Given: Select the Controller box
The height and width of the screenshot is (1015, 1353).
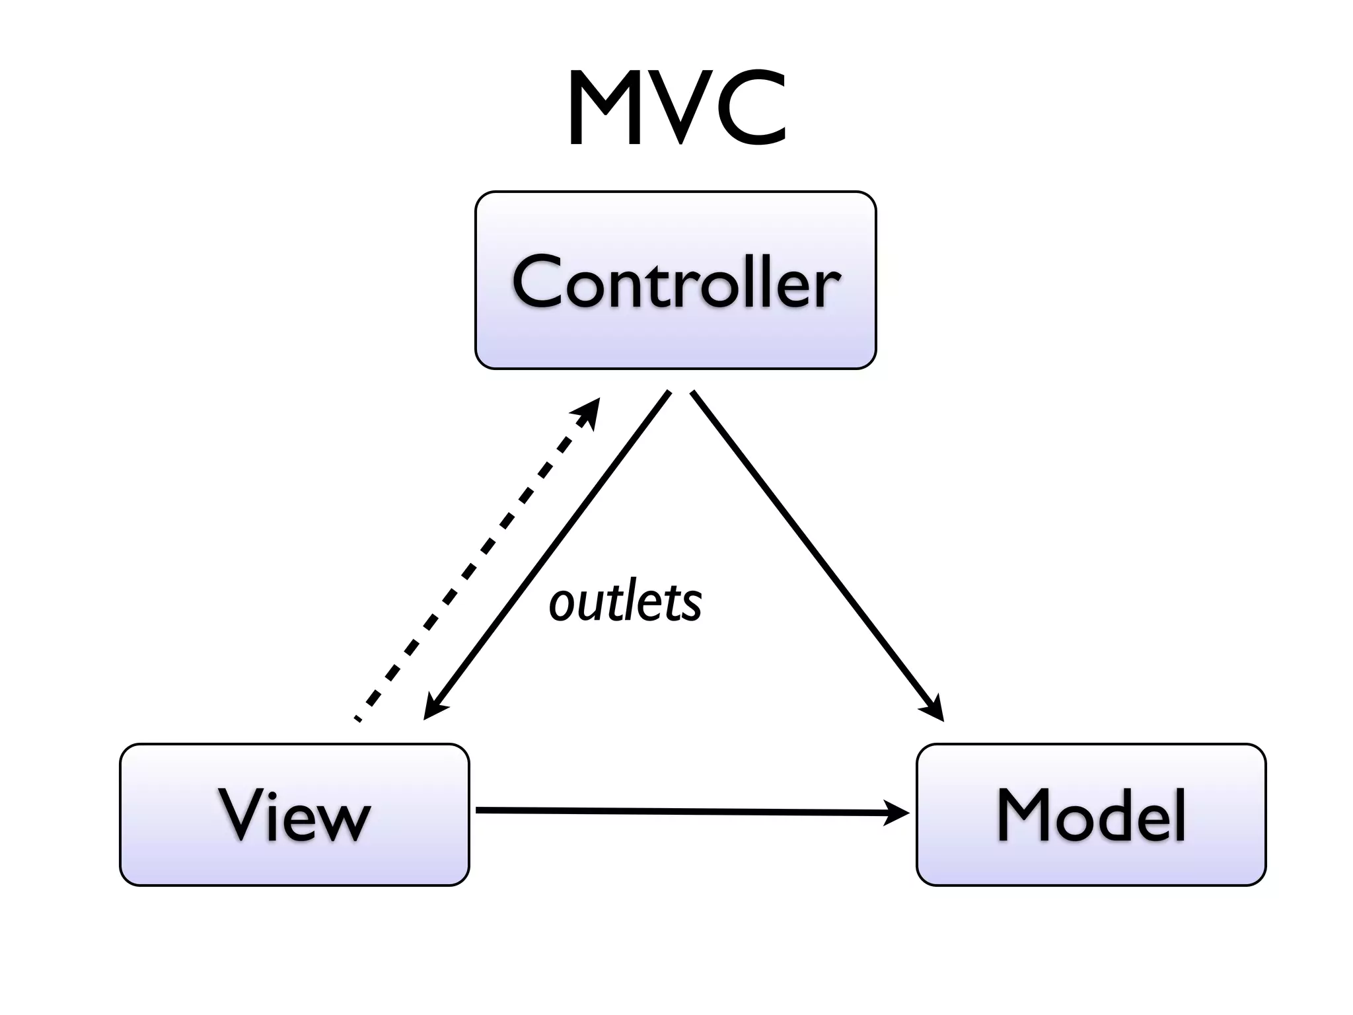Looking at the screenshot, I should coord(675,280).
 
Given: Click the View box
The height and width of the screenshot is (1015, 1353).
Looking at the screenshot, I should coord(294,814).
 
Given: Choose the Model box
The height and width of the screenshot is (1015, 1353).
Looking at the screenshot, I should coord(1091,814).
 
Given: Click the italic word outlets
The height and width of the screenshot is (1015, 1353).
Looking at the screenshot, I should coord(625,603).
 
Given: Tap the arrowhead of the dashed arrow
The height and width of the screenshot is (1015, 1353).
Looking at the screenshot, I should coord(589,410).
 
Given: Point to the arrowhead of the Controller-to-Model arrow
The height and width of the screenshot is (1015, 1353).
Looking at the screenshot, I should coord(933,710).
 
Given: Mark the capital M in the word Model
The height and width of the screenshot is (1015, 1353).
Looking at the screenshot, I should coord(1025,814).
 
